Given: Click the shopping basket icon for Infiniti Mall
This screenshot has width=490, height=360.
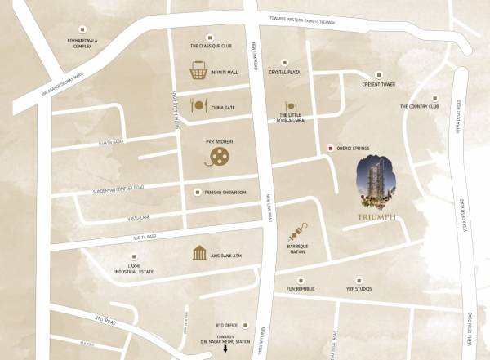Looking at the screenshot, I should point(197,72).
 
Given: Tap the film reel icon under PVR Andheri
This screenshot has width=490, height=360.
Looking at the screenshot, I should point(218,156).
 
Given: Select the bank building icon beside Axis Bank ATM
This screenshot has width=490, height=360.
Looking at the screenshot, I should point(198,254).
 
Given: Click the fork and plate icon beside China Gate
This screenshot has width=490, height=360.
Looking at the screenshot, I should point(197,105).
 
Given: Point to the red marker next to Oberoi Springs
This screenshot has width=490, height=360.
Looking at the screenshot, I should point(330,148).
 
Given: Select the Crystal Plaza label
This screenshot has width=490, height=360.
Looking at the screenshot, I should point(286,73).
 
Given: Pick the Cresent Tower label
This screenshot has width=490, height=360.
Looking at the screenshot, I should point(380,84).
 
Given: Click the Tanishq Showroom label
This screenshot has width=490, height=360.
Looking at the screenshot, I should point(223,193).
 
